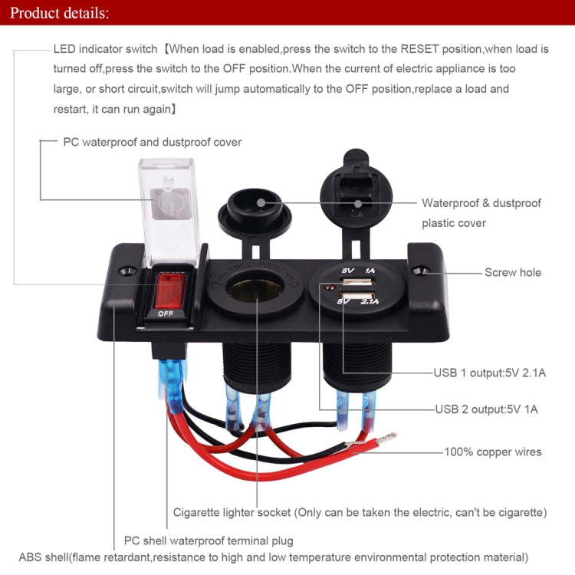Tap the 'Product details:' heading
click(x=60, y=13)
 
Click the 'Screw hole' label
click(x=512, y=272)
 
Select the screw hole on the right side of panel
click(x=419, y=271)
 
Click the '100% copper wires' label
click(x=493, y=452)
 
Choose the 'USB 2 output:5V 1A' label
click(x=486, y=409)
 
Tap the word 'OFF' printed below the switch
click(x=165, y=314)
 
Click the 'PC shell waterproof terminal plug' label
click(x=208, y=540)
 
